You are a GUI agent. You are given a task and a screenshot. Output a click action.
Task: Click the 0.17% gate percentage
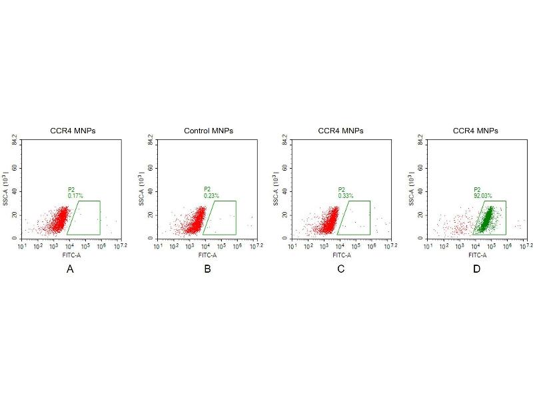pos(75,195)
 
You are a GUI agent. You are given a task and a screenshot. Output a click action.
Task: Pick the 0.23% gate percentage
pos(211,195)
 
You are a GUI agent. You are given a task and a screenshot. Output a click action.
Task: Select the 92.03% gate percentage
pos(482,195)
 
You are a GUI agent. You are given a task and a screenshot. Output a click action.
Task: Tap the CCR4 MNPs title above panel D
pos(475,131)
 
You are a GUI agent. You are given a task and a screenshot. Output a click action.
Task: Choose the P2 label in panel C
pos(341,189)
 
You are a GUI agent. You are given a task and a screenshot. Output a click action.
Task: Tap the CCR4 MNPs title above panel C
pos(341,131)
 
